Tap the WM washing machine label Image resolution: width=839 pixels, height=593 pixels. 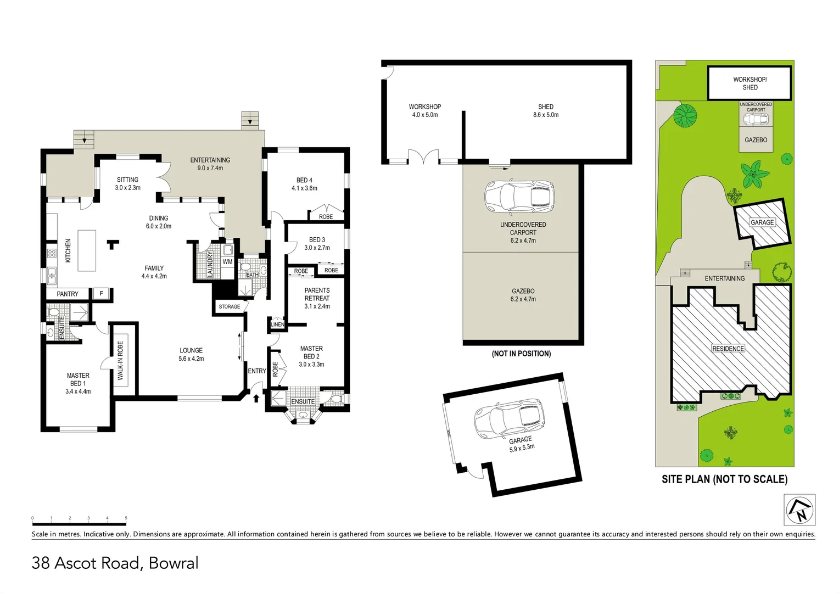pos(227,262)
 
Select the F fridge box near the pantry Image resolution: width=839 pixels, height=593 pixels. pos(102,294)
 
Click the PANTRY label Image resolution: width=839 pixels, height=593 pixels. pos(68,294)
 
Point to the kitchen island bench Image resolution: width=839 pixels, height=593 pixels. pos(87,250)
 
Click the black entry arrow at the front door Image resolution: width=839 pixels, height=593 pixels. pos(256,398)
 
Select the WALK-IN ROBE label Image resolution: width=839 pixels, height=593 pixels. pos(120,361)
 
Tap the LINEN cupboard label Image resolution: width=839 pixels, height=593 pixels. pos(278,325)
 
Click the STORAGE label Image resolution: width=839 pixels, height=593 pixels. pos(230,307)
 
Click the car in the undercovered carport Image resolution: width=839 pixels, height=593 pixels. pos(519,197)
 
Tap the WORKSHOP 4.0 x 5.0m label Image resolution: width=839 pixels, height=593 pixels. pos(425,110)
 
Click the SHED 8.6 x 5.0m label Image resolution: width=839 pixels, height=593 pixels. pos(546,110)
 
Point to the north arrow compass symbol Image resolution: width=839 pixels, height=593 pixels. pos(799,510)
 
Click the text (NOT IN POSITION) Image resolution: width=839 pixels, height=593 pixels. pos(521,354)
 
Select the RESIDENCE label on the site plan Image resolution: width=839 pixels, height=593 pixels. pos(728,349)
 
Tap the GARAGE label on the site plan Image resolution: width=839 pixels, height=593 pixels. pos(762,222)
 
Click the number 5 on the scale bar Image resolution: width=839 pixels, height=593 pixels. pos(126,518)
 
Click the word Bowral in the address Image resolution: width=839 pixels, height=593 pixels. pos(174,563)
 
